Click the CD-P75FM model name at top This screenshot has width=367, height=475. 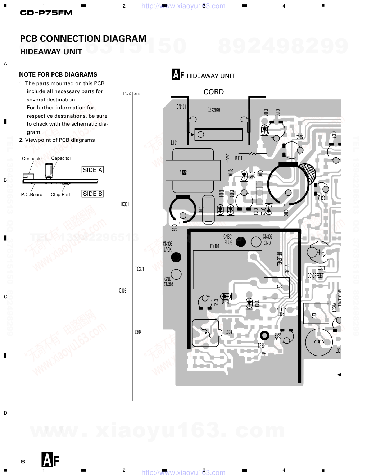click(x=46, y=13)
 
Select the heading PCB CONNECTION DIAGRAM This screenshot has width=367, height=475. click(x=83, y=39)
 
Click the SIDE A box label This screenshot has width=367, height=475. click(x=92, y=170)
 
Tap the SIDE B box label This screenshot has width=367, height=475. click(x=92, y=194)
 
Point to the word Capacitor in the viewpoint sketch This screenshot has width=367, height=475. click(x=61, y=158)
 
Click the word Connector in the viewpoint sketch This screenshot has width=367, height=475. click(x=32, y=159)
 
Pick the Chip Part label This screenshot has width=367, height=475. click(x=60, y=195)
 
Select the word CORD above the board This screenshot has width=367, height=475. click(x=214, y=92)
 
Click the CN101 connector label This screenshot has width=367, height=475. click(x=181, y=107)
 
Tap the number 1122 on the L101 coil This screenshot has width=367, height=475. click(x=183, y=172)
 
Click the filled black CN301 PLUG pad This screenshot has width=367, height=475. click(x=241, y=242)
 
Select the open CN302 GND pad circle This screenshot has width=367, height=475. click(x=256, y=242)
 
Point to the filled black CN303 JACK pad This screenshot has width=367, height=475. click(x=176, y=257)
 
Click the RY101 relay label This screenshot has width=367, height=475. click(x=215, y=246)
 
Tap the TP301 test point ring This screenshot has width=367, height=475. click(x=264, y=336)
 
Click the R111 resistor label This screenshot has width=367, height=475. click(x=239, y=158)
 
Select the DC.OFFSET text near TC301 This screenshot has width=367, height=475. click(x=315, y=276)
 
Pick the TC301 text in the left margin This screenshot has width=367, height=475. click(x=140, y=269)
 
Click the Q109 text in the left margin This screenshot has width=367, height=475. click(x=123, y=290)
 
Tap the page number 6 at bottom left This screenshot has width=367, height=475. click(x=23, y=462)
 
